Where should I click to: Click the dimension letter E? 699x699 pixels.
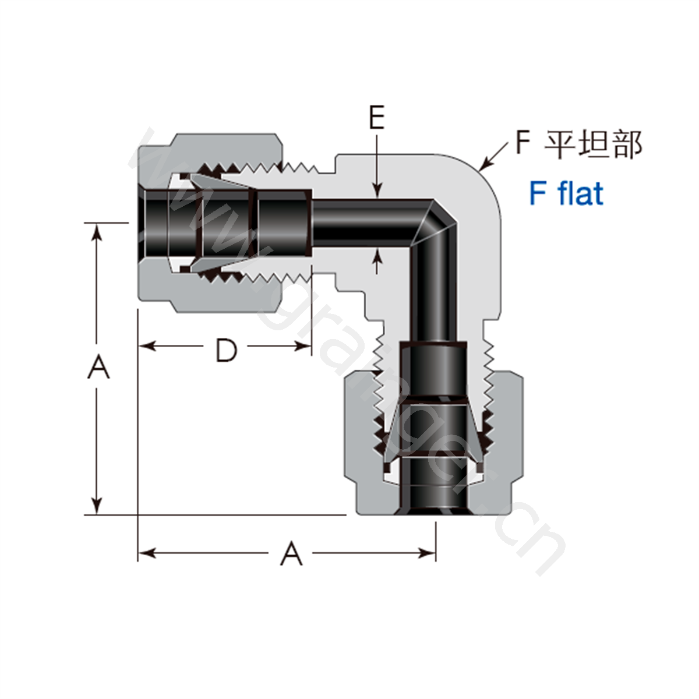pos(377,117)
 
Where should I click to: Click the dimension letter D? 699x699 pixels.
pos(227,351)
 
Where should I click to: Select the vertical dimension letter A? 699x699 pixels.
pos(98,367)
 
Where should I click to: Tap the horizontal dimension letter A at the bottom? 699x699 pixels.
pos(291,553)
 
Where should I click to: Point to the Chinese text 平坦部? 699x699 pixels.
pos(594,144)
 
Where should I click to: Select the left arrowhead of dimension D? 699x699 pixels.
pos(147,346)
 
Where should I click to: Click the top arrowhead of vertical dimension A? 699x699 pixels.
pos(97,232)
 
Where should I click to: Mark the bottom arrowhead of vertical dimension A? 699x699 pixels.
pos(97,505)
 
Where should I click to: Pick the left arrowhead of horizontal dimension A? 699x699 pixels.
pos(147,553)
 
